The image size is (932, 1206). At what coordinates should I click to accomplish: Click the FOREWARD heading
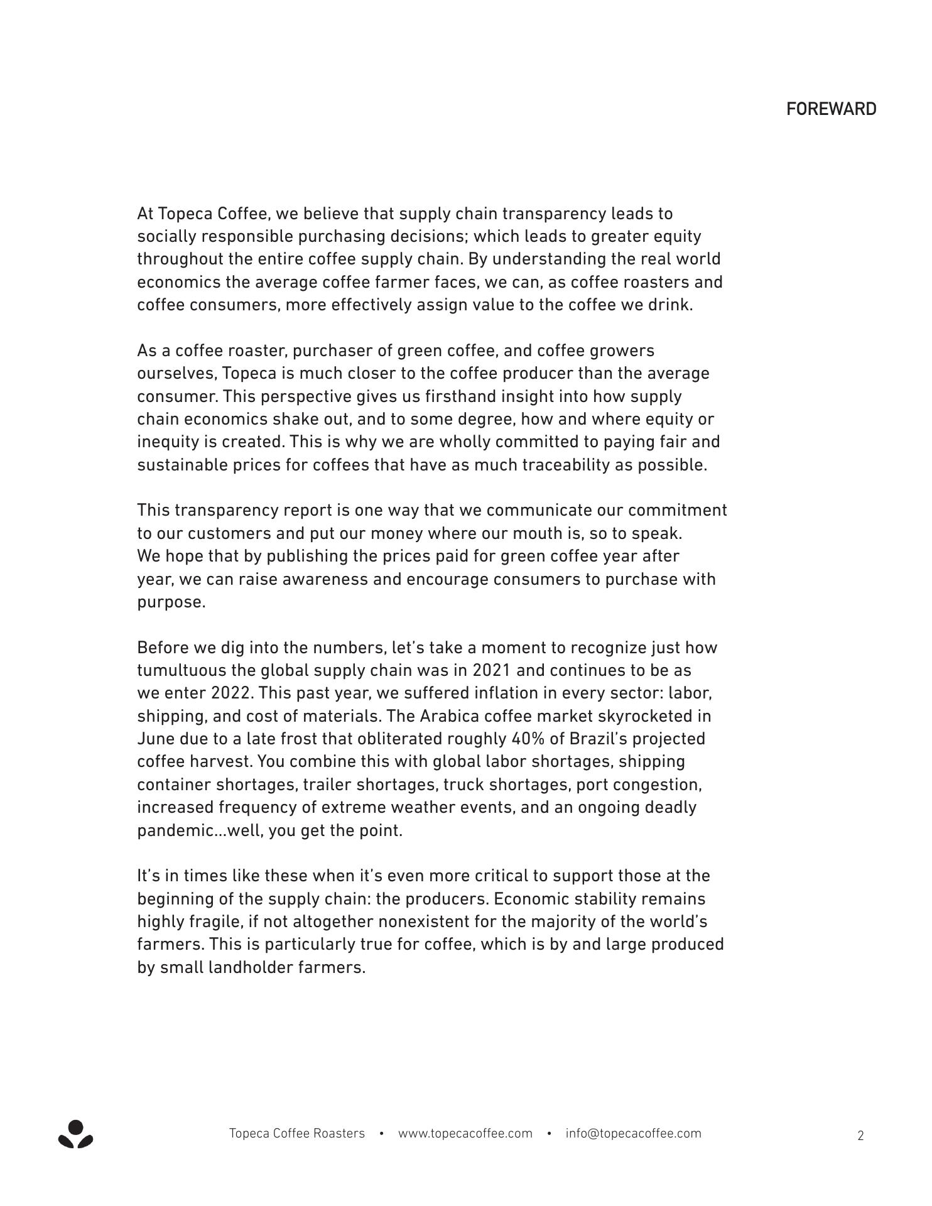[831, 109]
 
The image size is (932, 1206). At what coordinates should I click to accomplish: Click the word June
[156, 739]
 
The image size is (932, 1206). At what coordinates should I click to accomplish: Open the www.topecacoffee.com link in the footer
[465, 1133]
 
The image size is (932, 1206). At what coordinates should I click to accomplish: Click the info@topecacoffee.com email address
[633, 1133]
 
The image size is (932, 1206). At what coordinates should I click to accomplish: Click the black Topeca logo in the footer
[75, 1134]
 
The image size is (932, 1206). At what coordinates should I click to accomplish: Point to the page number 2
[860, 1135]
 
